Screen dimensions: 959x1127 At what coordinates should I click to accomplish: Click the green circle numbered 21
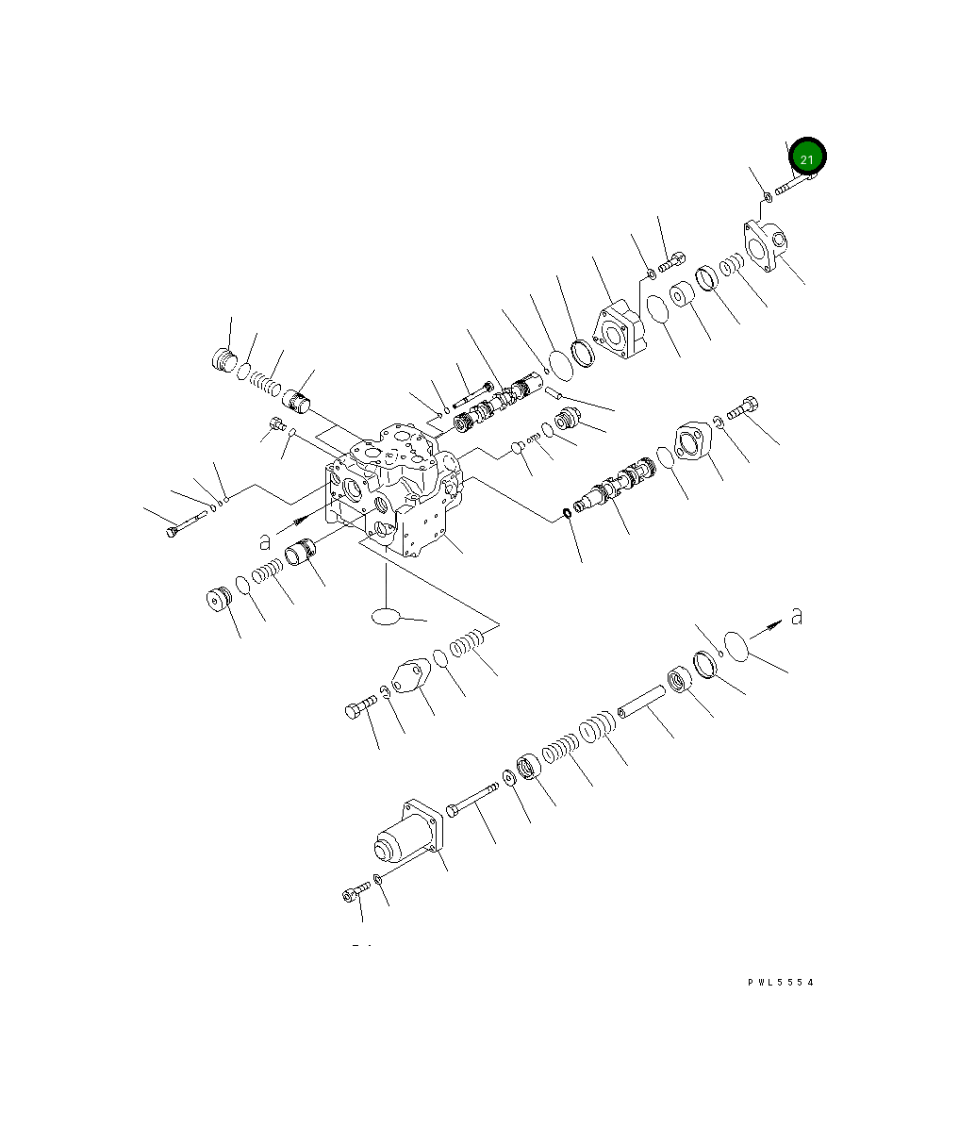806,157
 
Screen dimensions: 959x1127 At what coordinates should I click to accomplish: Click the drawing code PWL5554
780,982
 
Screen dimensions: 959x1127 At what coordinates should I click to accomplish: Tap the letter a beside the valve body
265,540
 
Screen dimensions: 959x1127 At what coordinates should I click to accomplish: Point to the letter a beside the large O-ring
797,616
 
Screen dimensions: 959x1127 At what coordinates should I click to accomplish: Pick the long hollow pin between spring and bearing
641,702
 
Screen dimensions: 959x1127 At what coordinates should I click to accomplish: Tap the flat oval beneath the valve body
386,616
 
